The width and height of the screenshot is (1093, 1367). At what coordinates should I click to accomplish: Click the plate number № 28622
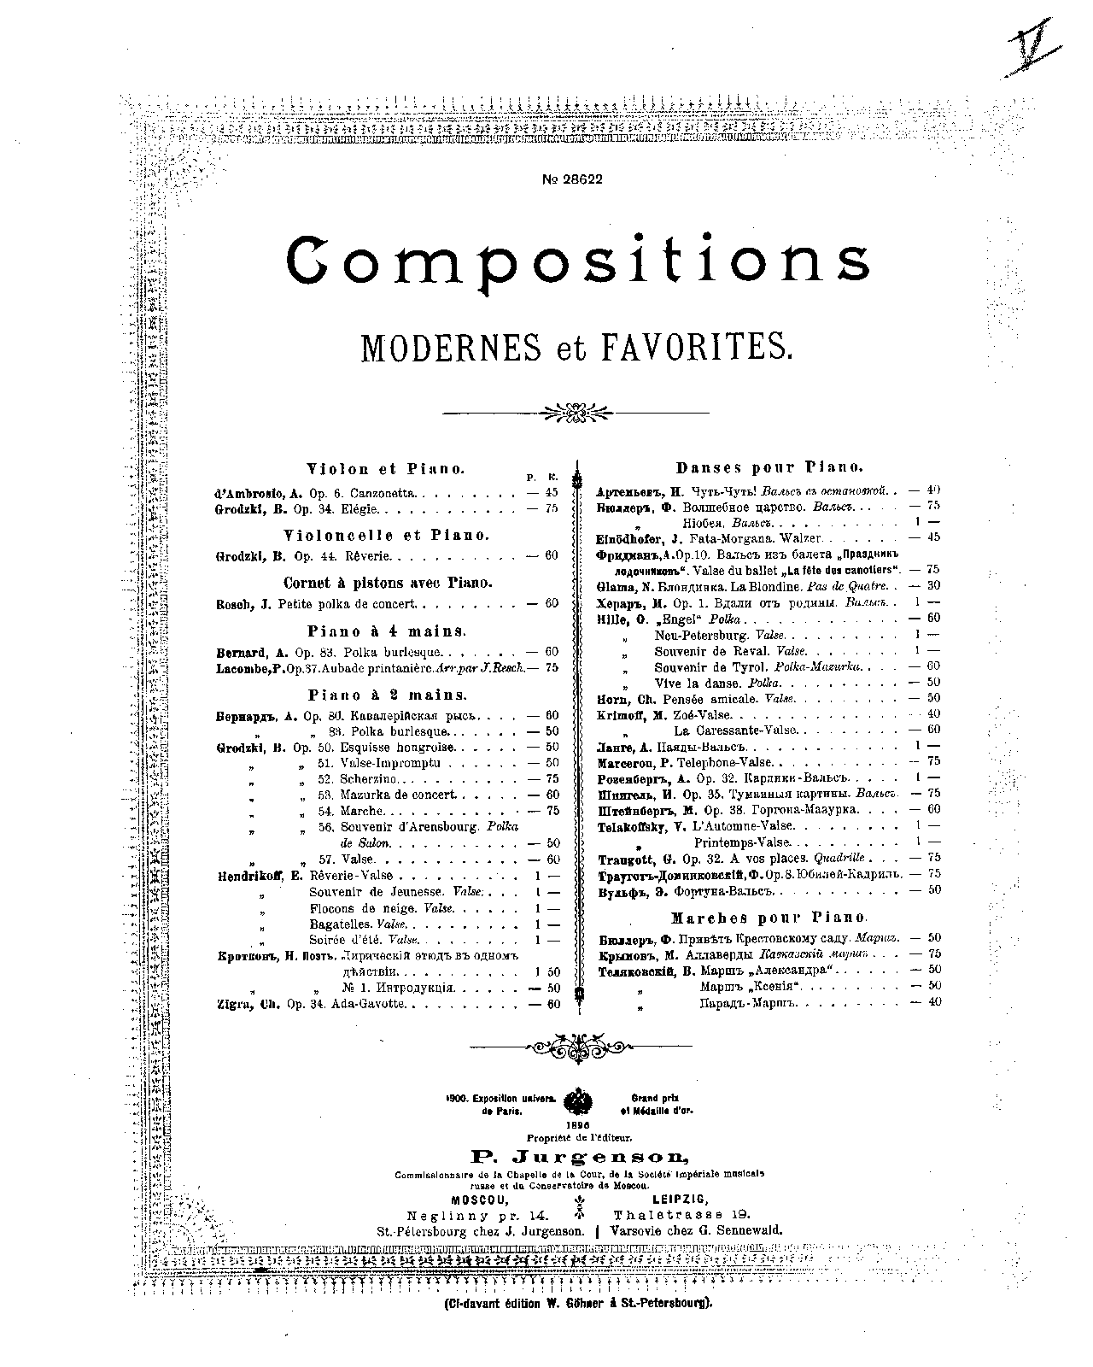pos(573,179)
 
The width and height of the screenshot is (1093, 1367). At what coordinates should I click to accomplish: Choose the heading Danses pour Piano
pos(769,468)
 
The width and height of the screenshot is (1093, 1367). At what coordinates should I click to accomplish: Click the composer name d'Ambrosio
pos(251,493)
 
